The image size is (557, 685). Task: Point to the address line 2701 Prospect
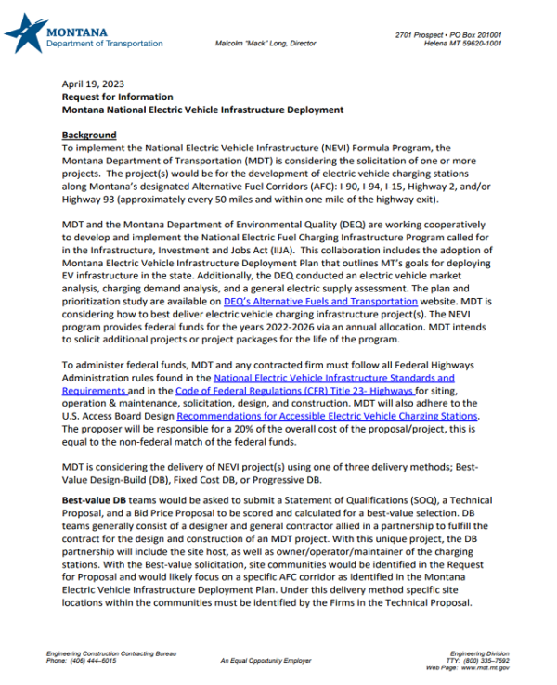448,34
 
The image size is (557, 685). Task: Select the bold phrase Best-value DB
95,500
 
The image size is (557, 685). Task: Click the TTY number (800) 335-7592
488,660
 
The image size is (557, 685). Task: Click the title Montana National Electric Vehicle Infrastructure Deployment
202,110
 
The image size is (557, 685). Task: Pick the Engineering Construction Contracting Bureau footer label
110,653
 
